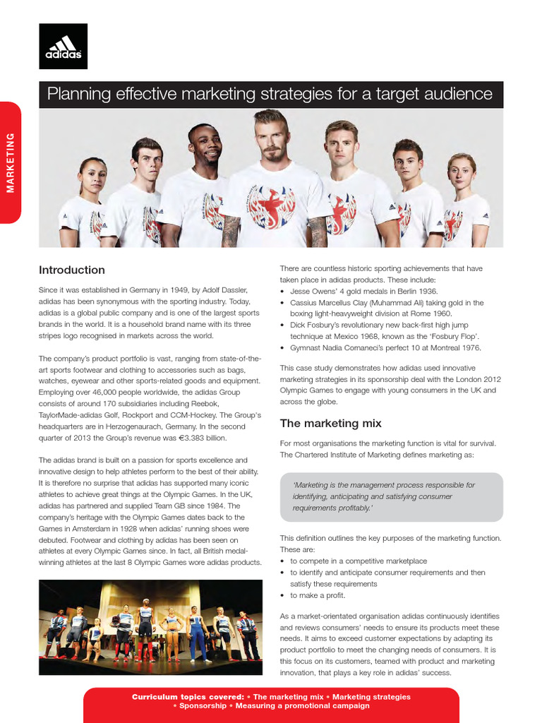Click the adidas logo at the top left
point(63,46)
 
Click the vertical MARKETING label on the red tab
point(10,162)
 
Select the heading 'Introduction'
point(71,270)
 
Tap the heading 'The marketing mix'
point(330,424)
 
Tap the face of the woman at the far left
point(93,175)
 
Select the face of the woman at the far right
point(460,171)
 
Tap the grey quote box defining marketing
point(391,496)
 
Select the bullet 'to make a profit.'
point(320,595)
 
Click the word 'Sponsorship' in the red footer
point(203,706)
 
